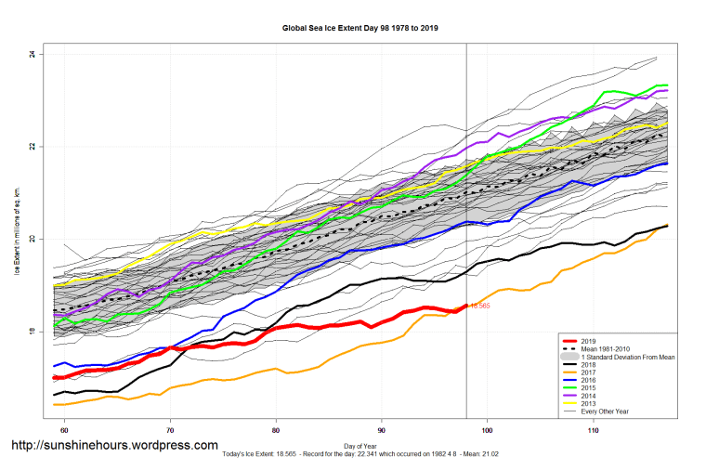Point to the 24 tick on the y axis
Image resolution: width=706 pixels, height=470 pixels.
[x=32, y=55]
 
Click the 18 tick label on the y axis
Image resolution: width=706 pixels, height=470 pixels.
[x=32, y=332]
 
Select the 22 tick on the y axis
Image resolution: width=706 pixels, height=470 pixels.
[x=32, y=147]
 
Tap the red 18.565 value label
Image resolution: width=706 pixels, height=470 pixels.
[x=480, y=306]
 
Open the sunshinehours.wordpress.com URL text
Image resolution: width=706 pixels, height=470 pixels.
[x=114, y=447]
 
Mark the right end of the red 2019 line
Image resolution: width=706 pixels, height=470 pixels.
[x=465, y=305]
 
